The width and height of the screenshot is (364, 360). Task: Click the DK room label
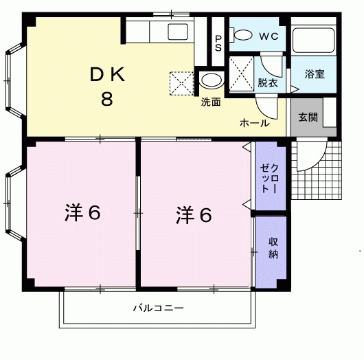click(107, 74)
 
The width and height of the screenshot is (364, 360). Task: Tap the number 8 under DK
click(106, 99)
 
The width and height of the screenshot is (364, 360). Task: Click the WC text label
click(269, 36)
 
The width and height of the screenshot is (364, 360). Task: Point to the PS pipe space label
click(218, 43)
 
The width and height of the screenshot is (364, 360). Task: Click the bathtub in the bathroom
click(314, 40)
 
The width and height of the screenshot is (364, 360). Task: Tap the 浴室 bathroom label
click(315, 74)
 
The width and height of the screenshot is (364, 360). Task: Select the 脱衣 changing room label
click(268, 82)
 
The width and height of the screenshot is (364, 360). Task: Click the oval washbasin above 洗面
click(212, 80)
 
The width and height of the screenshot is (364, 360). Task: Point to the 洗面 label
click(211, 102)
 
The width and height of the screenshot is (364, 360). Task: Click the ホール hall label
click(255, 123)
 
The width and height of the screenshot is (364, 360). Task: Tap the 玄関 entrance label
click(308, 117)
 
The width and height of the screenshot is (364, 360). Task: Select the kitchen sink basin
click(178, 32)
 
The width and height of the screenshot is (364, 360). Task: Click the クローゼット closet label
click(271, 179)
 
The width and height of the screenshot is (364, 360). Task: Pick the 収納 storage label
click(273, 248)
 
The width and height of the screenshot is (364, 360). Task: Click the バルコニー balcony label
click(159, 308)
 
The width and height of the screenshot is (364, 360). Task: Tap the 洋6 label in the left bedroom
click(83, 212)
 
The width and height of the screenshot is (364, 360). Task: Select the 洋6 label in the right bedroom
click(194, 215)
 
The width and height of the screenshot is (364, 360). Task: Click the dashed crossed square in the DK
click(182, 84)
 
